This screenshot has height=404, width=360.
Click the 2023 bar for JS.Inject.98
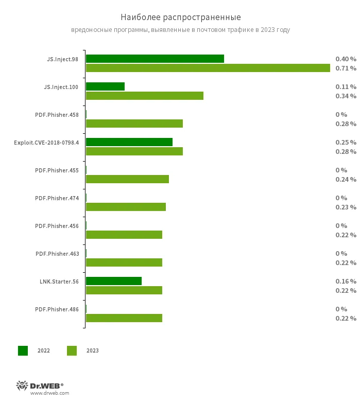pyautogui.click(x=208, y=68)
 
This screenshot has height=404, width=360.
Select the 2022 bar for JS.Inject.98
pyautogui.click(x=155, y=59)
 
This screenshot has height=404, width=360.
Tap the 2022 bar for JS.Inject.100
pyautogui.click(x=105, y=86)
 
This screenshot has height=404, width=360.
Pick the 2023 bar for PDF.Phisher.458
pyautogui.click(x=134, y=124)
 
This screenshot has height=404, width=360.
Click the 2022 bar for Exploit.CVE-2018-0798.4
pyautogui.click(x=129, y=142)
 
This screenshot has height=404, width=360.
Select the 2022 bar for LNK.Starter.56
pyautogui.click(x=113, y=281)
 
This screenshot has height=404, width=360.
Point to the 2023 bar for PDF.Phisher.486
pyautogui.click(x=124, y=318)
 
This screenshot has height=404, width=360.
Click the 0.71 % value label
pyautogui.click(x=346, y=68)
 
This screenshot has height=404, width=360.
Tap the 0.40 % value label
pyautogui.click(x=346, y=59)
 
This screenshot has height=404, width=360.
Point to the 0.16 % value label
pyautogui.click(x=346, y=281)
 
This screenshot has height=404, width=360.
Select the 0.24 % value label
pyautogui.click(x=346, y=179)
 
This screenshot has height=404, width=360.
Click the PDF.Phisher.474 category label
pyautogui.click(x=57, y=198)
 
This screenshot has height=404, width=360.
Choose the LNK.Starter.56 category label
pyautogui.click(x=59, y=282)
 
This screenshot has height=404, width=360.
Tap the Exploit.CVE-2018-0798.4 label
pyautogui.click(x=46, y=143)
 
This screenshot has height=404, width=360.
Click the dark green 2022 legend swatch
pyautogui.click(x=23, y=350)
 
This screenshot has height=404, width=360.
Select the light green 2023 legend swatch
pyautogui.click(x=72, y=350)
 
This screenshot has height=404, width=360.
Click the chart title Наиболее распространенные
pyautogui.click(x=180, y=17)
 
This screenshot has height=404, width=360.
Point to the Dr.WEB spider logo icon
pyautogui.click(x=22, y=385)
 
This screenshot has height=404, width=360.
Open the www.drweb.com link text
pyautogui.click(x=49, y=393)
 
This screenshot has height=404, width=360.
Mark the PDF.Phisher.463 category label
pyautogui.click(x=57, y=254)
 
